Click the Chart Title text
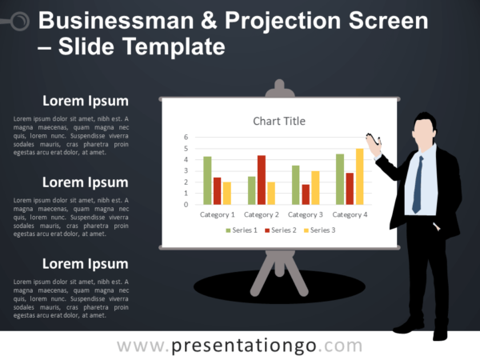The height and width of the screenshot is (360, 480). [x=279, y=121]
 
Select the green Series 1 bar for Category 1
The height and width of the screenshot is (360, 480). [x=207, y=180]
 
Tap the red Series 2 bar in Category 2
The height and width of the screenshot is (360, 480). [x=261, y=180]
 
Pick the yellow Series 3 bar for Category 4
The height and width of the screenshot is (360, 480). [x=359, y=176]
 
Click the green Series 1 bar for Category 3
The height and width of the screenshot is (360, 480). [x=295, y=185]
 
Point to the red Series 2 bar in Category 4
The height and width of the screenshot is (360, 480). [x=350, y=188]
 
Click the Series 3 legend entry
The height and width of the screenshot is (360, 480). [x=319, y=230]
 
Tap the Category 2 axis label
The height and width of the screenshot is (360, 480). [x=261, y=214]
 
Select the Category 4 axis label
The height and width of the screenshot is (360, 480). [x=350, y=214]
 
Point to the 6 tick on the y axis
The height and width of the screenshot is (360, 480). [x=186, y=137]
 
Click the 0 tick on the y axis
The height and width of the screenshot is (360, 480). [x=186, y=204]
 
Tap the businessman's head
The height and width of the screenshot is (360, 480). [x=423, y=128]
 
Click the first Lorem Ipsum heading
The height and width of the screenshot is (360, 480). [x=86, y=101]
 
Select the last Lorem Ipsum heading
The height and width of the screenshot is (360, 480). [x=86, y=263]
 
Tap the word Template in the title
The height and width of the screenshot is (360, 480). [x=175, y=47]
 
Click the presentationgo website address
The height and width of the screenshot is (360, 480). [x=240, y=346]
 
